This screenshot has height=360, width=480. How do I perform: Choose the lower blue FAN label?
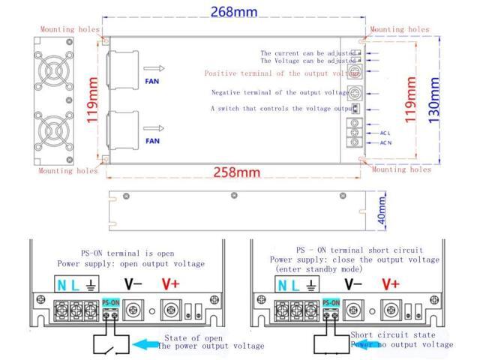point(152,140)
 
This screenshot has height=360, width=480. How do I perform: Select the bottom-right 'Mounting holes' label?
point(401,169)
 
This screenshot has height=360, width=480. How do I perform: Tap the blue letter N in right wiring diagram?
point(283,286)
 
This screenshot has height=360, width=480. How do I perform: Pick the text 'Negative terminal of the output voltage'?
point(280,93)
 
